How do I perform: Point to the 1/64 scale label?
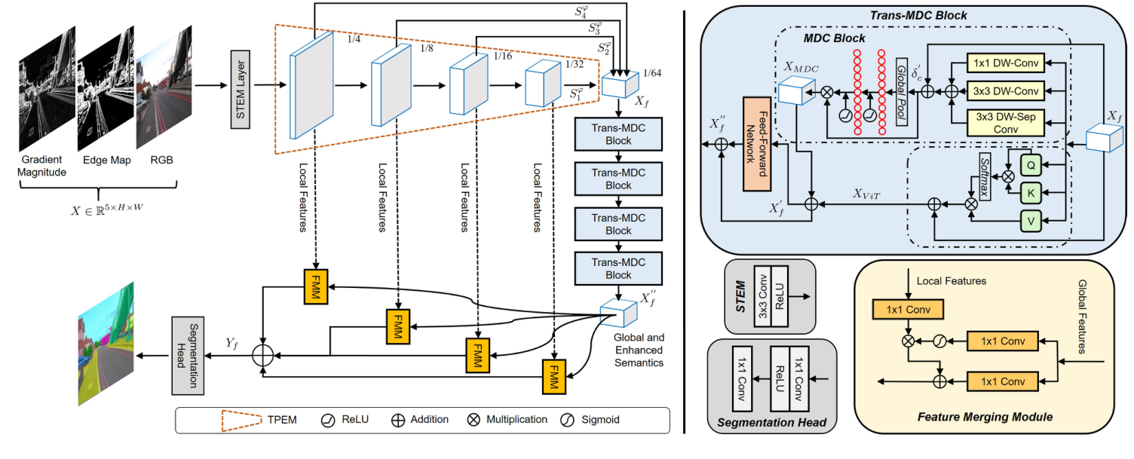654,73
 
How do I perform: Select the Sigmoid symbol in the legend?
569,420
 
